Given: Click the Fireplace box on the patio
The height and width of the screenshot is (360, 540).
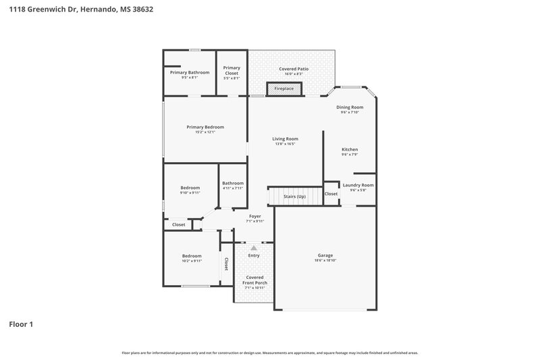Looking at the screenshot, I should pos(283,88).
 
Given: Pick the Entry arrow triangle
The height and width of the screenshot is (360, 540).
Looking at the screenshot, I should pos(254,248).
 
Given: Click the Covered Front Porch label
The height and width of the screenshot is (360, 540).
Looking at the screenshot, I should pos(254,280).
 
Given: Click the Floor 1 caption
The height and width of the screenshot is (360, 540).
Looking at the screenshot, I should pos(21,324).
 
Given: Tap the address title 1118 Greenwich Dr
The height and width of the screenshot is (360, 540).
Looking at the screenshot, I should pos(76,10).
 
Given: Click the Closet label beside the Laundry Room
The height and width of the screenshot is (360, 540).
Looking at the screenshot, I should pos(331,194).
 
